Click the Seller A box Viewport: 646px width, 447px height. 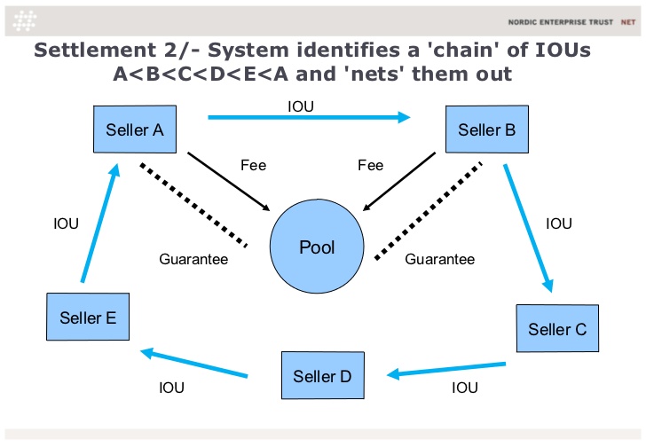135,129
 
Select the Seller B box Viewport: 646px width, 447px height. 487,129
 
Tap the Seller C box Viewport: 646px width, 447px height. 557,328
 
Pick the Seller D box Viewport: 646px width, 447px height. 323,375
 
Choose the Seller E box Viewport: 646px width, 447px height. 88,317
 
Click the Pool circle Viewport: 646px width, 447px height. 317,247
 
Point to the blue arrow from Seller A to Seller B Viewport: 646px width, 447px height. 309,117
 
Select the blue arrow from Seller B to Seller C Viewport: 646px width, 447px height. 528,228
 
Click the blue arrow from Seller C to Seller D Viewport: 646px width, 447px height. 446,369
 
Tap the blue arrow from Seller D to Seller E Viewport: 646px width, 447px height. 194,363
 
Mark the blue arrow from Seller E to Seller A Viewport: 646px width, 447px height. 100,223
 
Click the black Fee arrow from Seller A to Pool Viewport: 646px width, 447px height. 229,182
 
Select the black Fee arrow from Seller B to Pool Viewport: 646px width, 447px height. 398,182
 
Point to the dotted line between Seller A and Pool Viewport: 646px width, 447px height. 193,205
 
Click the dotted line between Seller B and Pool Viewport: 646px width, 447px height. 428,211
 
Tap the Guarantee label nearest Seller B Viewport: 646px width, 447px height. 439,259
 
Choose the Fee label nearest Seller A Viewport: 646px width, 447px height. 254,166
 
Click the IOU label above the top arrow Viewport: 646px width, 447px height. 301,106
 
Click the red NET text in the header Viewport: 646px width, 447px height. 628,22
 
